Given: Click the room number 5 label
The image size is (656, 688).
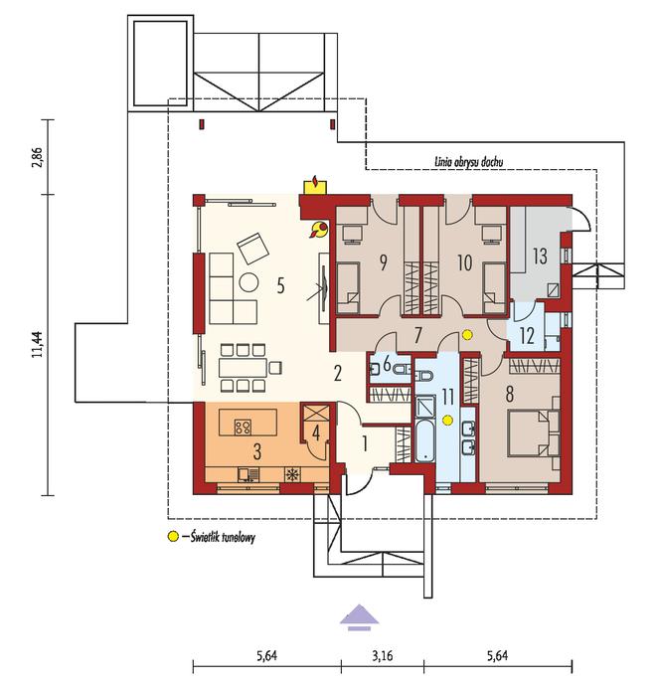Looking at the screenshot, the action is coord(280,285).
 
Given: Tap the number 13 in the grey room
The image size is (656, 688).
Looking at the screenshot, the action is coord(540,256).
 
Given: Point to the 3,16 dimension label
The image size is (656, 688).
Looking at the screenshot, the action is coord(383,656).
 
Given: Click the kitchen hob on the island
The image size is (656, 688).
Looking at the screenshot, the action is coord(243,427).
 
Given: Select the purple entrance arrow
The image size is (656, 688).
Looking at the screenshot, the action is coord(359,617).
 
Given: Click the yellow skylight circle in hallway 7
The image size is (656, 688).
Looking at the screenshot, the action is coord(467,335).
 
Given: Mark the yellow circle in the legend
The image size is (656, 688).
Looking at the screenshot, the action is coord(174,536).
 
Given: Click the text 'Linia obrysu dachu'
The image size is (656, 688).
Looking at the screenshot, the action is coord(468,161).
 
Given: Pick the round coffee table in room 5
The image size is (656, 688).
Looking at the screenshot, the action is coord(249,282).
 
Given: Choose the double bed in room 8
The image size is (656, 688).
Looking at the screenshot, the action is coord(534,432).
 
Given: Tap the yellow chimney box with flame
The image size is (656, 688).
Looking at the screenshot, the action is coord(315,184).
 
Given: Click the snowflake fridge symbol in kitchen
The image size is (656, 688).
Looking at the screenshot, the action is coord(291,475).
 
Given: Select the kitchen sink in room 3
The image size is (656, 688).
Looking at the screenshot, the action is coord(248,475).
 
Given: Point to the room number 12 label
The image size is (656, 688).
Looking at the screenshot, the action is coord(527,336).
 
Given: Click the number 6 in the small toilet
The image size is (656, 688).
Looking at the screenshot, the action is coord(387,365).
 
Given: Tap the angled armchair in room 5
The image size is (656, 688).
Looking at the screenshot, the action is coord(253,249).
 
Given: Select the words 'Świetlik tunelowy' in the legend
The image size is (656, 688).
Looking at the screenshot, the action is coord(223,537).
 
